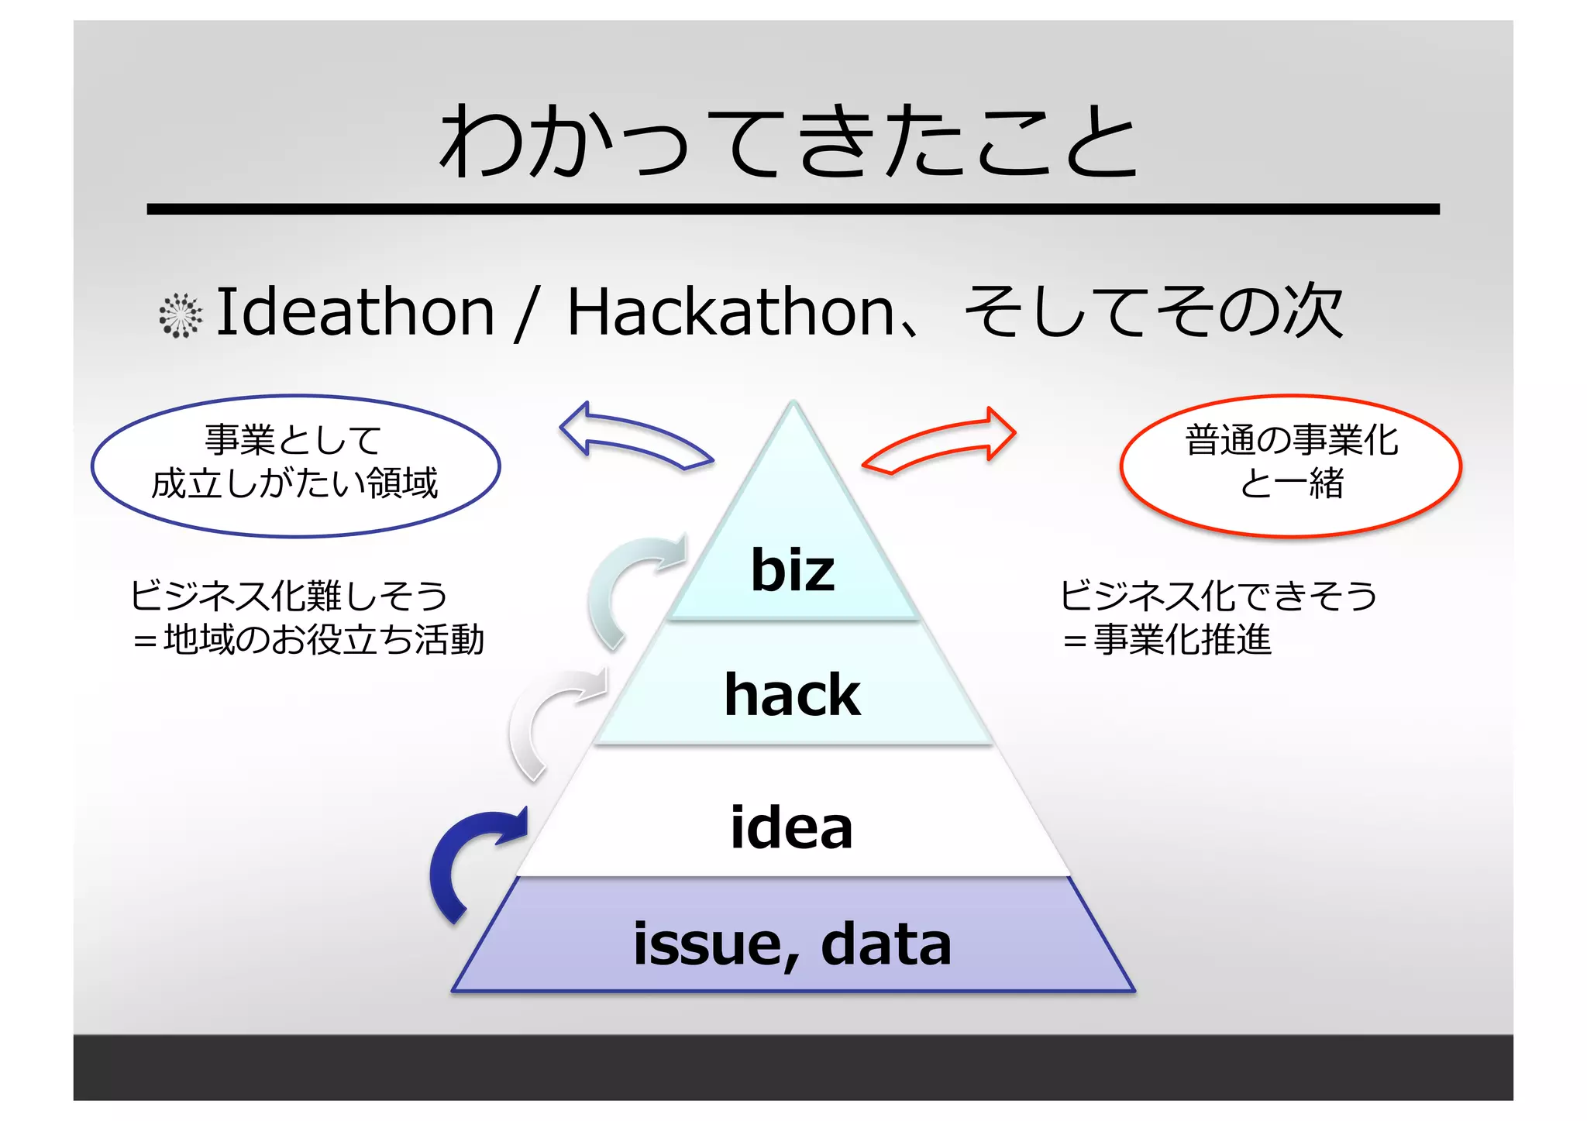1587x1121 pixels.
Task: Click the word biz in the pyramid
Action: (x=792, y=570)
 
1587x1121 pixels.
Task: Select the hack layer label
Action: (x=792, y=694)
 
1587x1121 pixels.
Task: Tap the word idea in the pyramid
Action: (x=791, y=827)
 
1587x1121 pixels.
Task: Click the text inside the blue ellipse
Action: (x=294, y=462)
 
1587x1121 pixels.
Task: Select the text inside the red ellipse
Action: (x=1291, y=462)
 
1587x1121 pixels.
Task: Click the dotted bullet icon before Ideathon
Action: (x=181, y=315)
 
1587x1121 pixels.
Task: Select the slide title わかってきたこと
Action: (x=789, y=142)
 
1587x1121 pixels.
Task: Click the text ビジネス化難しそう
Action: (x=288, y=596)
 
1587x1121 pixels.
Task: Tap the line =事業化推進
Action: (x=1166, y=640)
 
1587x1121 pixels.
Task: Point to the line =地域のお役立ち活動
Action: (x=308, y=640)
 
